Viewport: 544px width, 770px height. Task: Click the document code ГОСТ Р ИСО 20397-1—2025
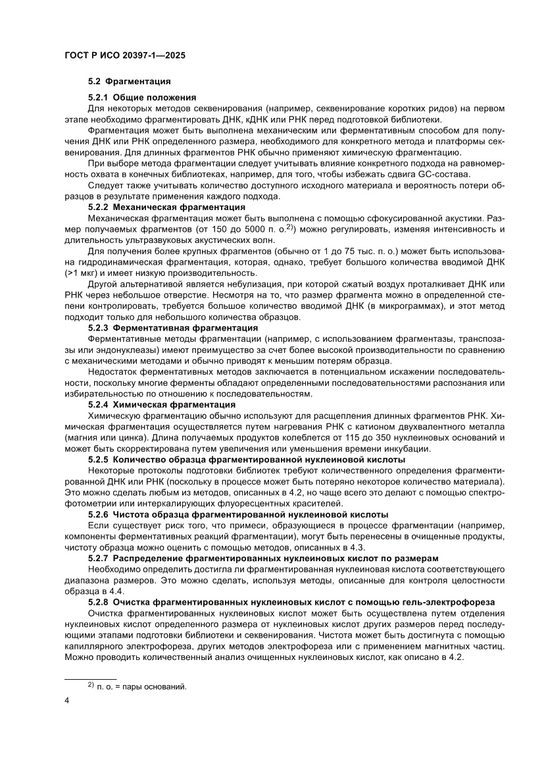[124, 56]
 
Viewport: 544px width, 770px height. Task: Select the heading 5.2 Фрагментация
[130, 82]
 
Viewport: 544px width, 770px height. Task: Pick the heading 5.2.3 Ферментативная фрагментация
[172, 327]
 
